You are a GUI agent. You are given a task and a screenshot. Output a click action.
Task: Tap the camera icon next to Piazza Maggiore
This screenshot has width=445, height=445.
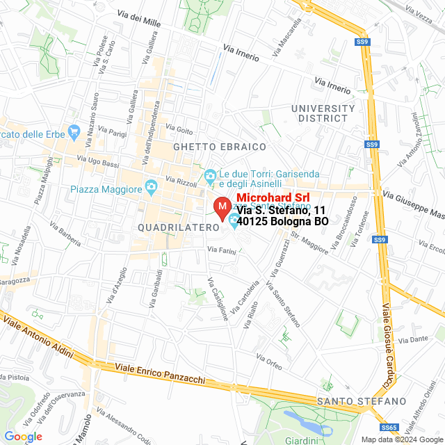(x=149, y=188)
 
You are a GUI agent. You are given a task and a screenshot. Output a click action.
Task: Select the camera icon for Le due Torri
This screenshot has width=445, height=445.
(x=210, y=175)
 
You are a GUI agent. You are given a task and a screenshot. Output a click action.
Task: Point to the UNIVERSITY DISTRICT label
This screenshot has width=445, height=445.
(x=323, y=113)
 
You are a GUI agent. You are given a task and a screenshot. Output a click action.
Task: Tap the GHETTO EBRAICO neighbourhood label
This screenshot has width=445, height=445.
(x=220, y=147)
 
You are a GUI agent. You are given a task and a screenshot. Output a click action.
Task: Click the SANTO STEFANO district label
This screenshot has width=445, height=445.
(x=360, y=402)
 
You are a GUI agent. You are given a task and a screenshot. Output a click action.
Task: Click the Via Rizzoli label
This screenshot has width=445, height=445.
(x=182, y=182)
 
